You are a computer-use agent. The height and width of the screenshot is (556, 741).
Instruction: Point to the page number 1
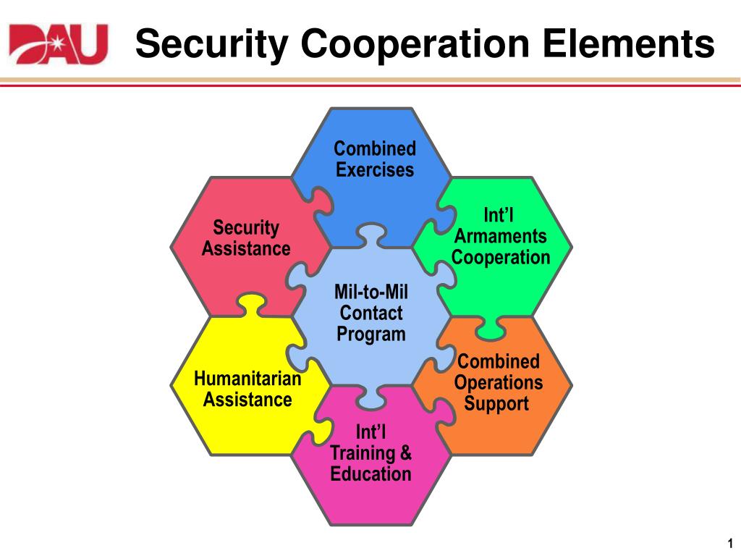[x=730, y=544]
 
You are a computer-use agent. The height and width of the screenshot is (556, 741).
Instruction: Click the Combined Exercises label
[x=375, y=159]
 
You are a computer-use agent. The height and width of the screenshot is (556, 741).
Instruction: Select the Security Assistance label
[x=246, y=238]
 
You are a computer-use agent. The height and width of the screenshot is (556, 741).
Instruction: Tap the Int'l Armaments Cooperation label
[x=501, y=237]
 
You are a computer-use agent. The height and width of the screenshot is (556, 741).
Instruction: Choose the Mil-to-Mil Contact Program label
[x=371, y=313]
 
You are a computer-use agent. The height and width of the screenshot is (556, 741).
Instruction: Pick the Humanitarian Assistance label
[x=247, y=389]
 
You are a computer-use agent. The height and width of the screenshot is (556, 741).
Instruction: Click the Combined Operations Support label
[x=499, y=382]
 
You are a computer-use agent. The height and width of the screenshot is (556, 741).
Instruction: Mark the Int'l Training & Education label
[x=371, y=453]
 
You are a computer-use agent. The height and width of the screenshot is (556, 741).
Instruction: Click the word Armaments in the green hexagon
[x=501, y=237]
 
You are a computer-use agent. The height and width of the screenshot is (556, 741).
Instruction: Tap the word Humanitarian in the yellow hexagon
[x=247, y=379]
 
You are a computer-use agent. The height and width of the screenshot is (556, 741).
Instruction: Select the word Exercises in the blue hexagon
[x=375, y=170]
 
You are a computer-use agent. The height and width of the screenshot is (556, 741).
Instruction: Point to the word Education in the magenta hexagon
[x=371, y=474]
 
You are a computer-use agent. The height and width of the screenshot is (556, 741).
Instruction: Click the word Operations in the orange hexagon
[x=499, y=382]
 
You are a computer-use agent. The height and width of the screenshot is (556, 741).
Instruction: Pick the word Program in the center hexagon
[x=371, y=334]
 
